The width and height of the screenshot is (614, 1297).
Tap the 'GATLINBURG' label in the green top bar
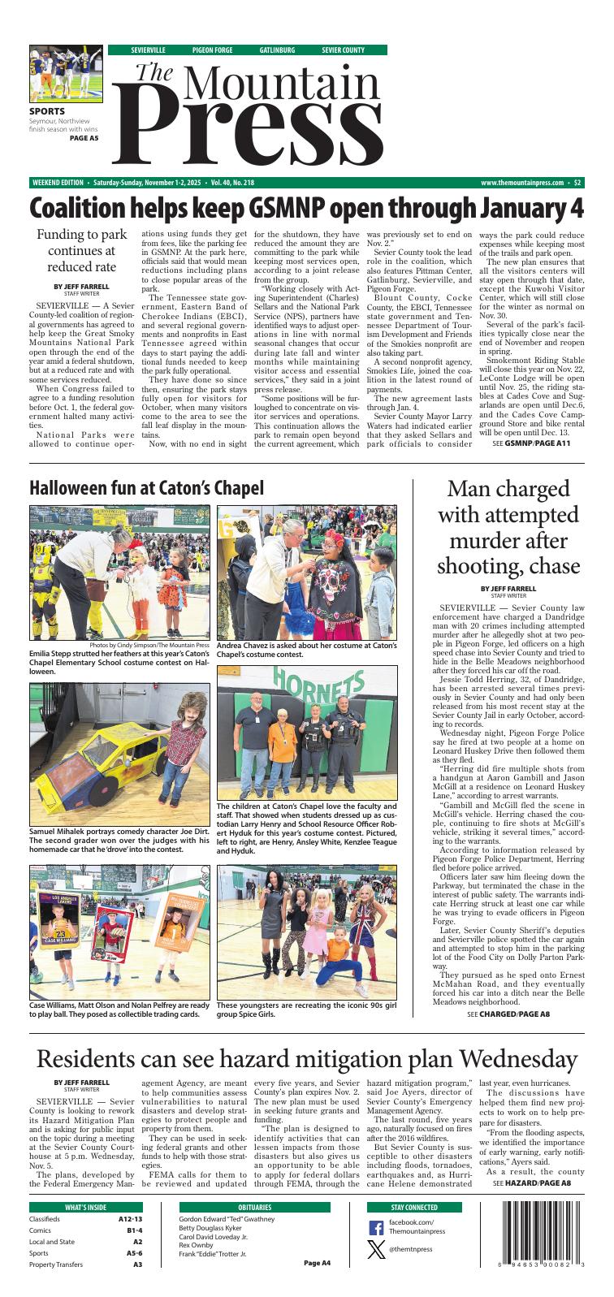(x=277, y=50)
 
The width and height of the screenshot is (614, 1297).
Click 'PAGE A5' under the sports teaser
(x=84, y=138)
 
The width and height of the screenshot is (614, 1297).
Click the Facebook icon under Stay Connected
(x=376, y=1228)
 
